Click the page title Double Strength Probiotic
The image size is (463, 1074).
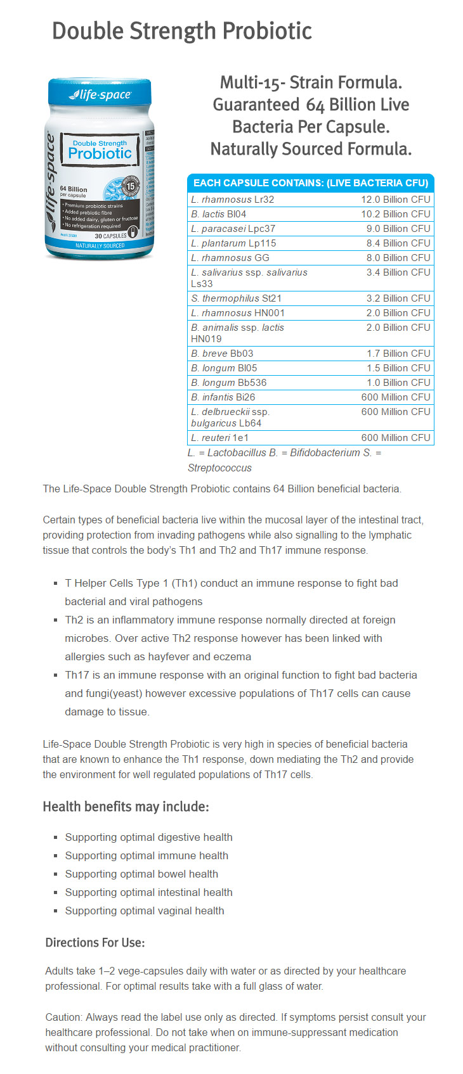[x=182, y=31]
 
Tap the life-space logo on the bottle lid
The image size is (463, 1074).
[x=100, y=95]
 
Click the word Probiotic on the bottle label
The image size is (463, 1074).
[x=100, y=153]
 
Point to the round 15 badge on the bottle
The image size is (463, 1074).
[x=131, y=186]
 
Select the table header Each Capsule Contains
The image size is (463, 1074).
[x=310, y=183]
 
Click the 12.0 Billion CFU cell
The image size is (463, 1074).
[x=395, y=200]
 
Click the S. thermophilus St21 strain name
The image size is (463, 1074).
[x=236, y=298]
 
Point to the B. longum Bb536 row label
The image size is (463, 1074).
[x=228, y=383]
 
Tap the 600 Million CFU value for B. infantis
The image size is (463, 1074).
[x=395, y=397]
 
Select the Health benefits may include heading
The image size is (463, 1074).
[x=126, y=807]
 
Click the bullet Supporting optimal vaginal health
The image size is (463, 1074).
[x=145, y=911]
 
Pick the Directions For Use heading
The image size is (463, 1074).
[x=95, y=943]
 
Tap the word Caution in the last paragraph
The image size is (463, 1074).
[x=63, y=1017]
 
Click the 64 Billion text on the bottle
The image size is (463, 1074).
[x=74, y=189]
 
